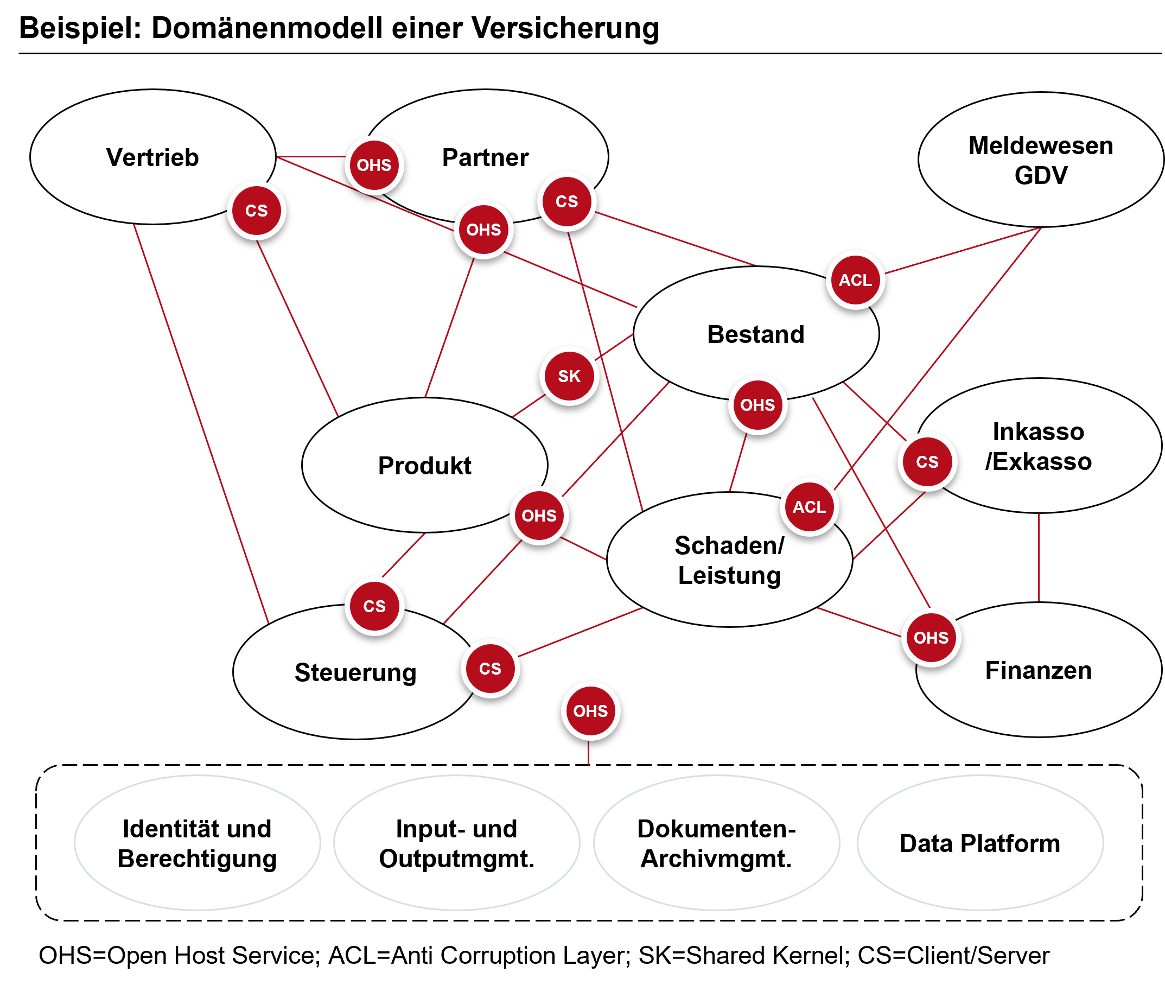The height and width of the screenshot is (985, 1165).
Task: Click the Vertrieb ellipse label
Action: click(x=152, y=157)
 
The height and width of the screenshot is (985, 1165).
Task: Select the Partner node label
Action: click(x=485, y=157)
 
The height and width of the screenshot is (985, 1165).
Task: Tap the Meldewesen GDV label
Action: click(x=1041, y=160)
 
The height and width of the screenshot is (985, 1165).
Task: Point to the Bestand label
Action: click(x=756, y=334)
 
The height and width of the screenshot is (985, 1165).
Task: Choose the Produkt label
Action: click(x=424, y=466)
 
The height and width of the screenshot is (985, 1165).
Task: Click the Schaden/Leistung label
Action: click(x=729, y=560)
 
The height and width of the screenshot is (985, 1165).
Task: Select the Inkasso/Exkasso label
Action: click(x=1038, y=446)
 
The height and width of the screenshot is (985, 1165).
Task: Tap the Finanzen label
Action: click(x=1038, y=670)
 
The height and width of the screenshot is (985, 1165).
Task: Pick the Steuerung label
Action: click(x=355, y=672)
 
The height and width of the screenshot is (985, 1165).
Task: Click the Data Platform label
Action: click(x=979, y=843)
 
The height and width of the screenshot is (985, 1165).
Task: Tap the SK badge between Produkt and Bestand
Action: click(x=569, y=376)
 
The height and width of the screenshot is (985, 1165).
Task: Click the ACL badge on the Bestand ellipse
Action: click(x=855, y=279)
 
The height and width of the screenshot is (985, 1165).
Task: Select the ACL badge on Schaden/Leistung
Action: click(x=809, y=507)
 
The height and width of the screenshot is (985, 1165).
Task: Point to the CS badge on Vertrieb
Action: click(x=256, y=211)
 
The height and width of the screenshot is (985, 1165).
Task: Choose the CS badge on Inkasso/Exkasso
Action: click(x=927, y=462)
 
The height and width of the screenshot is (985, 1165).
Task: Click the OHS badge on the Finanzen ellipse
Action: click(x=931, y=637)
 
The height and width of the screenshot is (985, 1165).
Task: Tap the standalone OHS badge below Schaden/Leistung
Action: click(x=590, y=711)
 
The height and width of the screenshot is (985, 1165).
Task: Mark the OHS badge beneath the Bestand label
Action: click(x=757, y=405)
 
